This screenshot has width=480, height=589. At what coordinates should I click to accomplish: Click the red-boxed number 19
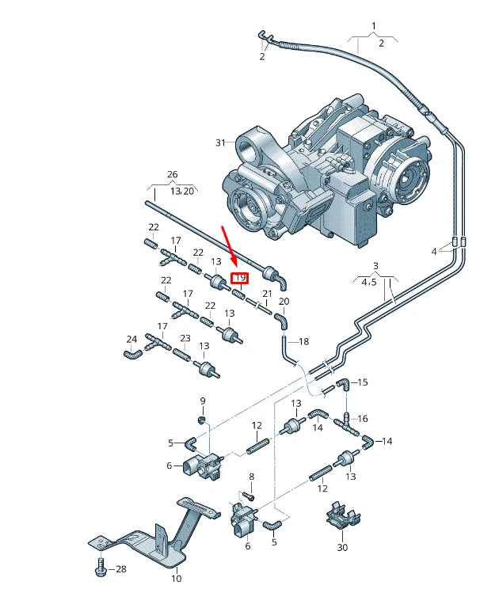point(240,278)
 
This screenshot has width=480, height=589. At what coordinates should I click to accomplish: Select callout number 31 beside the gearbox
point(220,142)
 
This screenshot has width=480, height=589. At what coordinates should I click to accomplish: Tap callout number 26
point(172,174)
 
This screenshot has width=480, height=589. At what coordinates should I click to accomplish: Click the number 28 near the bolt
point(121,569)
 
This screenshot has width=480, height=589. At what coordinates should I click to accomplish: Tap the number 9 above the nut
point(202,401)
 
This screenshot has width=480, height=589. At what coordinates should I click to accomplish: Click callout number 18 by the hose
point(304,341)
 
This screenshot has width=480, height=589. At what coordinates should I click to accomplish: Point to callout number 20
point(284,302)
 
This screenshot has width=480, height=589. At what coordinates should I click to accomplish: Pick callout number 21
point(267,294)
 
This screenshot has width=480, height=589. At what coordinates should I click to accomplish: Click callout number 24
point(131,340)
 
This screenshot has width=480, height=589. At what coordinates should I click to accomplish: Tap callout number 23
point(185,338)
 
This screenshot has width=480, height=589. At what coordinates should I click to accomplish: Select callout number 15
point(363,382)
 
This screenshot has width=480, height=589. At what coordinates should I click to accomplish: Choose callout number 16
point(363,418)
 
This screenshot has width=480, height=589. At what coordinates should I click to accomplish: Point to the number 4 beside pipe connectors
point(433,251)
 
